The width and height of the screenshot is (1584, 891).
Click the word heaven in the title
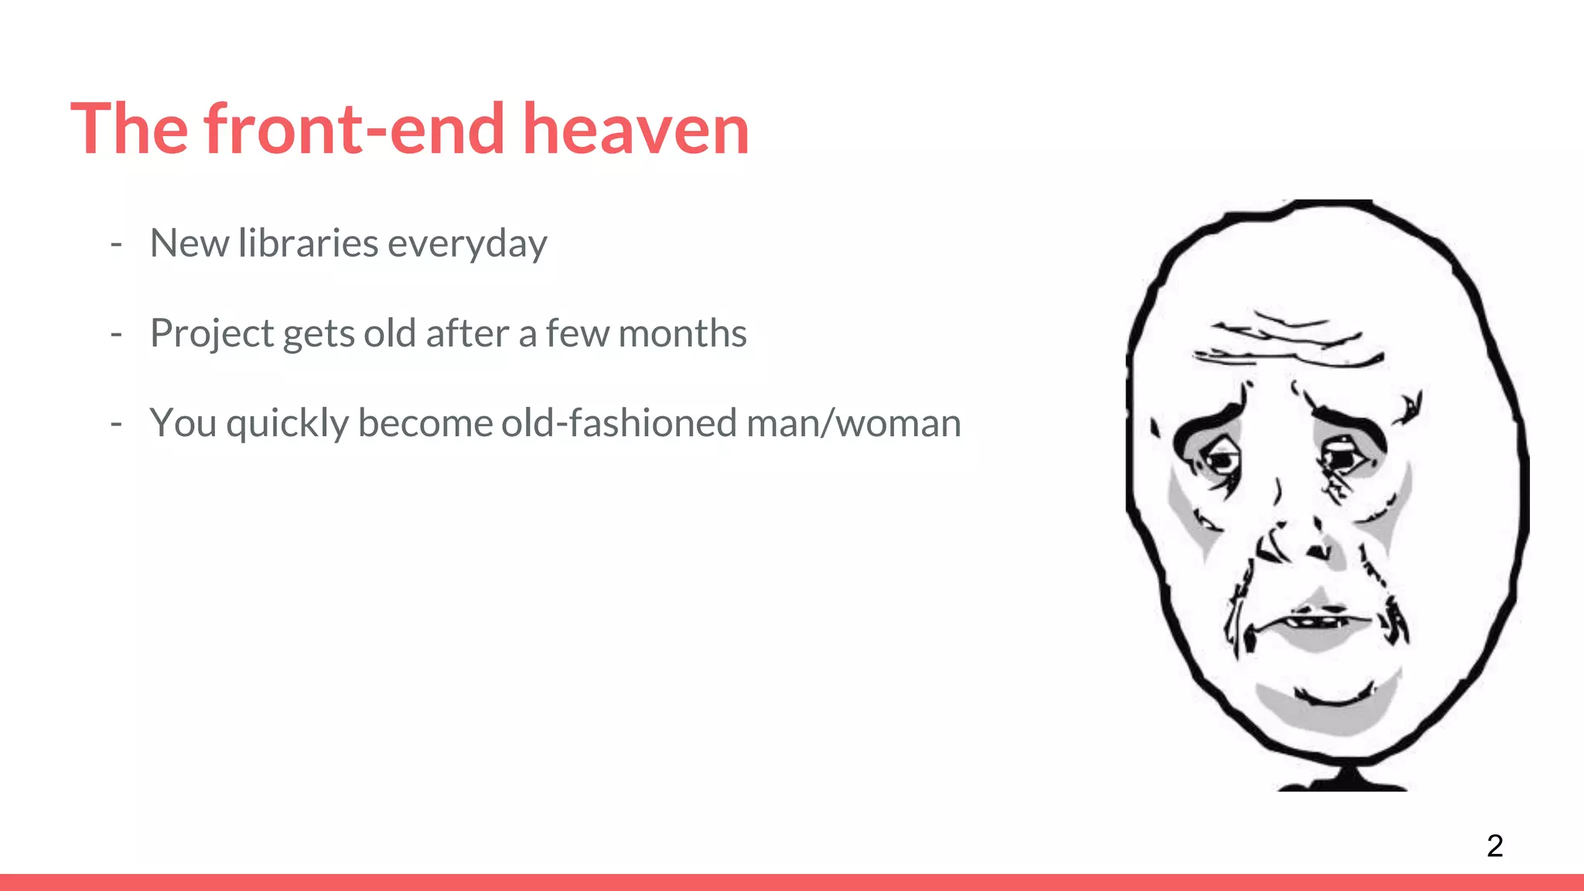[x=636, y=129]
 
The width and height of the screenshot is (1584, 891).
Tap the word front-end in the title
[x=354, y=129]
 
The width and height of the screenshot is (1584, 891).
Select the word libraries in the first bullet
[x=308, y=244]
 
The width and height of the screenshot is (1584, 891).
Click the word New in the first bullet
[x=189, y=244]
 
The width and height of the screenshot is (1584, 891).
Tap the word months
[x=682, y=333]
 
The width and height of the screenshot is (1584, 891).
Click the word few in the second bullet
[x=578, y=333]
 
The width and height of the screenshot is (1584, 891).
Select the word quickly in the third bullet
[x=287, y=425]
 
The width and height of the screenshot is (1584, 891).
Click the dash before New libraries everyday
[x=116, y=244]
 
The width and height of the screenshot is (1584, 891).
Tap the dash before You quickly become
[x=116, y=424]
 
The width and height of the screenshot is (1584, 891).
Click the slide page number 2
[x=1494, y=845]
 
